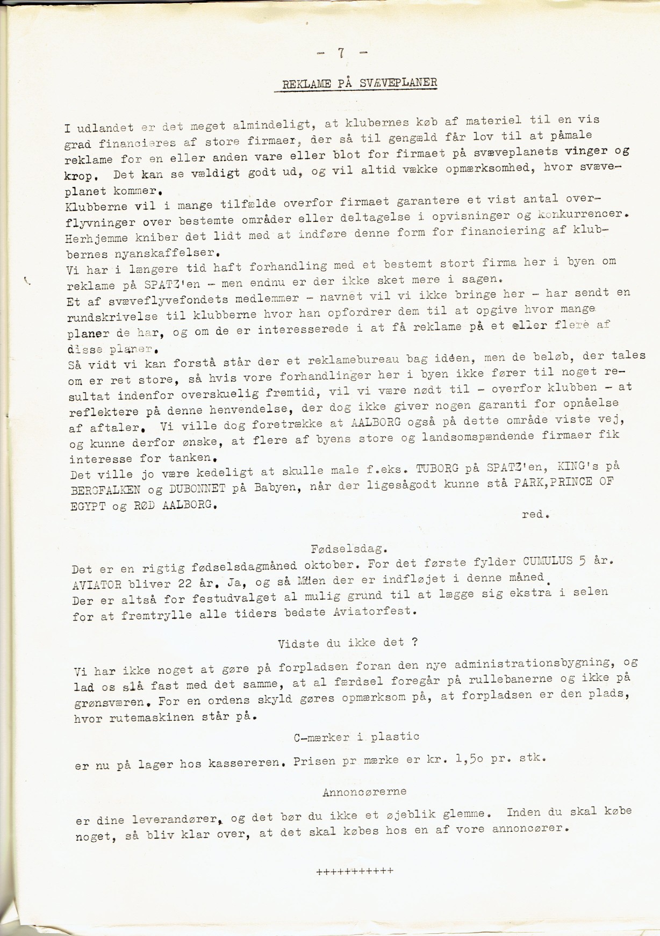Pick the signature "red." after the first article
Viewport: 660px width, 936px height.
(535, 515)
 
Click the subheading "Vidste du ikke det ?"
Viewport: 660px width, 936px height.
(348, 643)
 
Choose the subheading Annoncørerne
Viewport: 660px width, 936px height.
(364, 791)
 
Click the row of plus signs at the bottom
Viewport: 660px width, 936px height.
(355, 871)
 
